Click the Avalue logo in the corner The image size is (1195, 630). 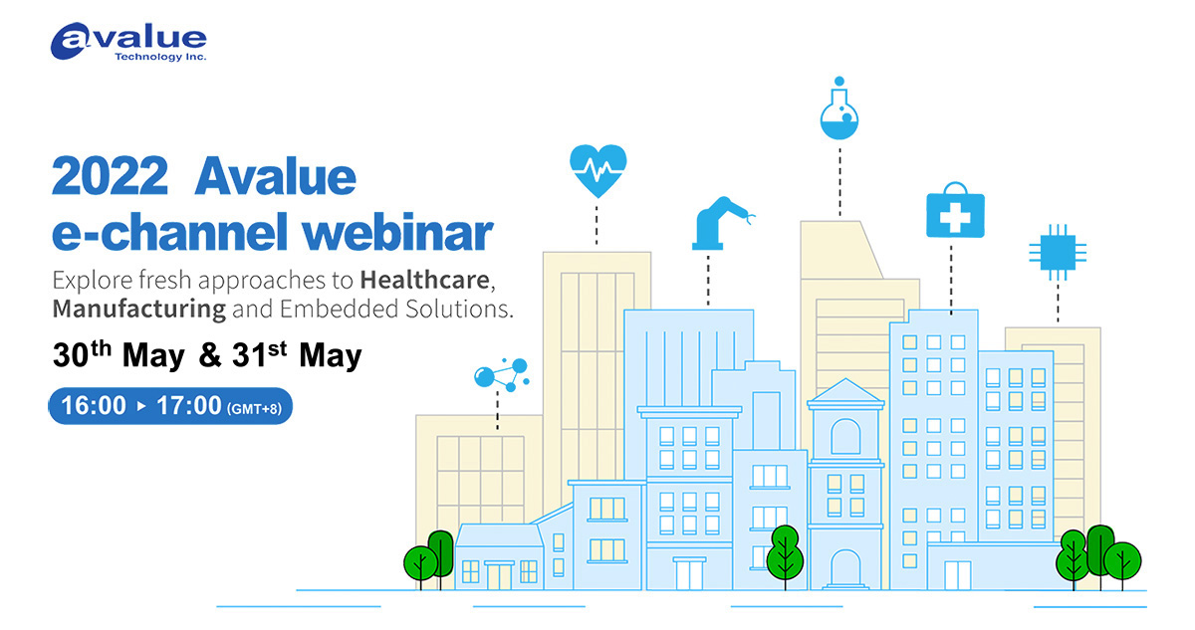[128, 42]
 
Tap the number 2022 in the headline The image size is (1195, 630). [110, 176]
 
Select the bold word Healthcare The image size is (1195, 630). [424, 280]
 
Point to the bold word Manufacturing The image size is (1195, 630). [139, 310]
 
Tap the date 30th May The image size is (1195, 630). [119, 354]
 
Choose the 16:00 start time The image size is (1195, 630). [94, 406]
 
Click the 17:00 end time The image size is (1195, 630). [189, 406]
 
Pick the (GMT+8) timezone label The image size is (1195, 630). [254, 409]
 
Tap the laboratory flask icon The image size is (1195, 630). [839, 108]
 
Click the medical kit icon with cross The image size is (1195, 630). [955, 210]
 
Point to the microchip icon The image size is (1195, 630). [1058, 252]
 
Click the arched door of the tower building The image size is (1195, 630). [845, 569]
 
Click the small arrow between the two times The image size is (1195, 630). [141, 406]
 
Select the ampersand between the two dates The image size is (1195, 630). [210, 355]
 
